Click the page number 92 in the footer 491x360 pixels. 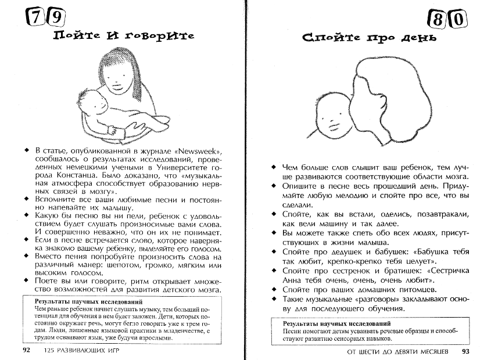click(x=27, y=351)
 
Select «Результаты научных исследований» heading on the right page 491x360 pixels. click(x=336, y=323)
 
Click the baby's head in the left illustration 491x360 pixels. click(x=94, y=102)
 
